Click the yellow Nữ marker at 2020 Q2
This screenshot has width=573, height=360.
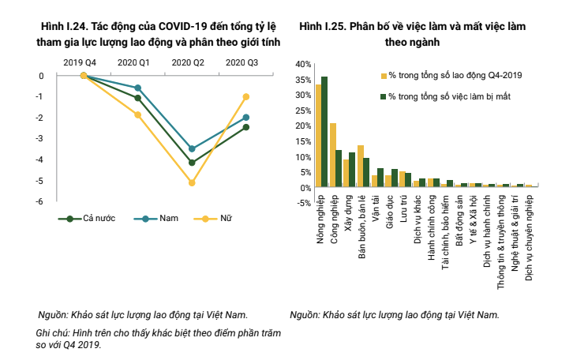tap(192, 182)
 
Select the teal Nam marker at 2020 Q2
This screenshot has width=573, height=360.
tap(192, 148)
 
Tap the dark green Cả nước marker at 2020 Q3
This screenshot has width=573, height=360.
tap(246, 127)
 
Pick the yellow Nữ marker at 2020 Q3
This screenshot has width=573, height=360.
tap(246, 96)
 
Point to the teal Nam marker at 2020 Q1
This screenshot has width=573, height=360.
tap(138, 88)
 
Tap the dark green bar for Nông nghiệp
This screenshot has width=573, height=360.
tap(324, 132)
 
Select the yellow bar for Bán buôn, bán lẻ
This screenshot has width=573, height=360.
tap(361, 167)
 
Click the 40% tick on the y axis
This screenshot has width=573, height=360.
tap(301, 63)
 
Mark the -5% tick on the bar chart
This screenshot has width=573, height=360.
tap(301, 203)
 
